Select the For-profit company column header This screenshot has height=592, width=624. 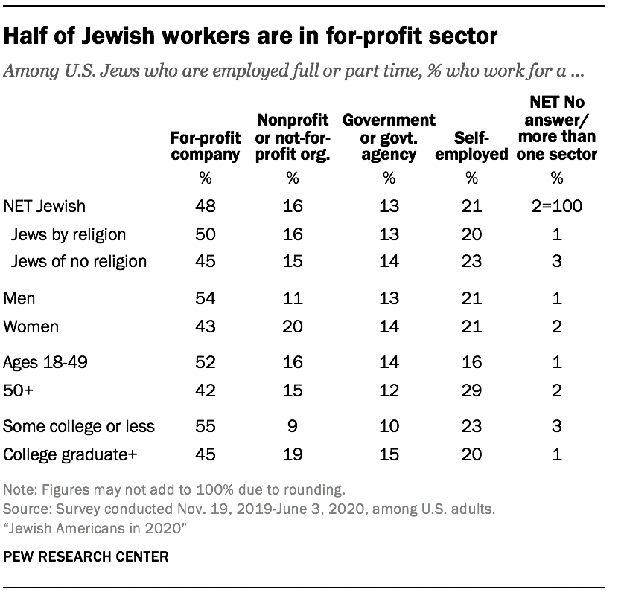[205, 146]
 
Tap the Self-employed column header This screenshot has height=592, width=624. [471, 146]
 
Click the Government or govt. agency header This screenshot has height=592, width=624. [388, 137]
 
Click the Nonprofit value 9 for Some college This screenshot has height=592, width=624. [293, 427]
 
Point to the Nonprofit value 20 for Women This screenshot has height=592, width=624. [293, 327]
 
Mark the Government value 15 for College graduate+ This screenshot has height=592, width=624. [388, 454]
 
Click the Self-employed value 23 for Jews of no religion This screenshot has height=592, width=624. [471, 260]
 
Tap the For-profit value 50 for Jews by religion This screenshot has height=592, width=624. [205, 234]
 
